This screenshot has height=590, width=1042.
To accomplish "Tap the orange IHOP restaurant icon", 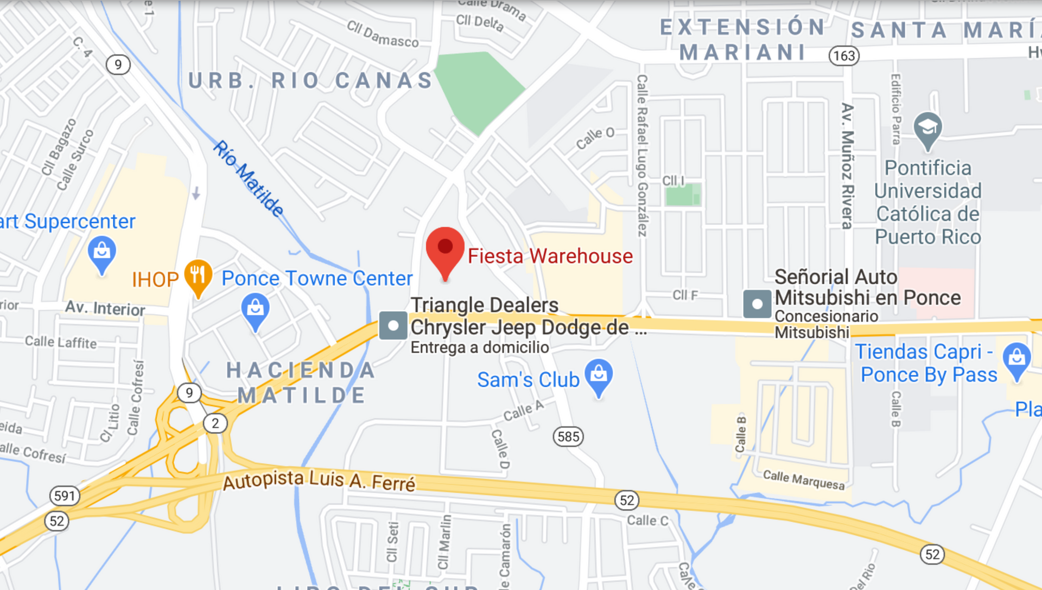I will [198, 276].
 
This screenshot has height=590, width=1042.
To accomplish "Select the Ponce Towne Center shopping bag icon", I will [255, 310].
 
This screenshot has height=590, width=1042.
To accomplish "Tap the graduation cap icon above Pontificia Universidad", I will [927, 129].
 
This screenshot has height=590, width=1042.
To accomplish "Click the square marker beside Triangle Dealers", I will [393, 325].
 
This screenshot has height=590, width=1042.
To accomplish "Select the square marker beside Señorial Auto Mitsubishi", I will [757, 304].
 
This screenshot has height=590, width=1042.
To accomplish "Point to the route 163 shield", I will [844, 55].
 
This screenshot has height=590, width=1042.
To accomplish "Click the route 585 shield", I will [568, 437].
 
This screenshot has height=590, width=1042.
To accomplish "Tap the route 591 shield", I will [65, 496].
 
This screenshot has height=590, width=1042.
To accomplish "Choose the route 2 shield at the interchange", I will [215, 423].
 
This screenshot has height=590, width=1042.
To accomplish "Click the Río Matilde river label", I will [248, 178].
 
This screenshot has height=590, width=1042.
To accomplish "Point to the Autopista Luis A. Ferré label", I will [319, 480].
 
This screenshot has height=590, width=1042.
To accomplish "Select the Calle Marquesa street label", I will [804, 480].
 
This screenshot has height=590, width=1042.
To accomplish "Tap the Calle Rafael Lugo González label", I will [642, 156].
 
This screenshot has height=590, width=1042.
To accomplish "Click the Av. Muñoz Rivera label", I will [847, 165].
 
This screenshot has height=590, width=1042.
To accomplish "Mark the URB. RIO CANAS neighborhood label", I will [310, 81].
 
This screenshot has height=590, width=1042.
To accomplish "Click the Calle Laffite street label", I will [61, 342].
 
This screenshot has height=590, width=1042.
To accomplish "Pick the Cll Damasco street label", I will [383, 34].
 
